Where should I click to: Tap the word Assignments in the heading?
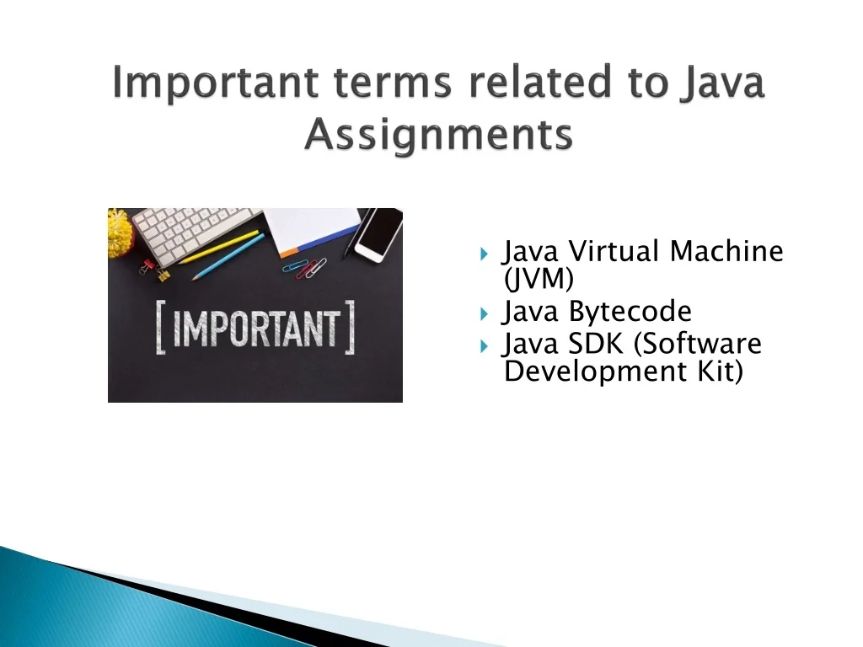438,134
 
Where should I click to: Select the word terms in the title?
393,83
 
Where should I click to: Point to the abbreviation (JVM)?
539,278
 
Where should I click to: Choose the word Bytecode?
630,312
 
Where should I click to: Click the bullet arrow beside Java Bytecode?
485,314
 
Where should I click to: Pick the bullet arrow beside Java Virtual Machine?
485,254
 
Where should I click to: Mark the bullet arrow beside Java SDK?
485,346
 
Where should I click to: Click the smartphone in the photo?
378,234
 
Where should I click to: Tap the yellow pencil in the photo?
218,247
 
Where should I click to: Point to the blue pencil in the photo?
228,257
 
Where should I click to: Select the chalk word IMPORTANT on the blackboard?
255,328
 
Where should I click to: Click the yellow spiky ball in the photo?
120,233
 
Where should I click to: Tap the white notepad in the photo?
312,230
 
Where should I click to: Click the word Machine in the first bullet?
726,251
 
